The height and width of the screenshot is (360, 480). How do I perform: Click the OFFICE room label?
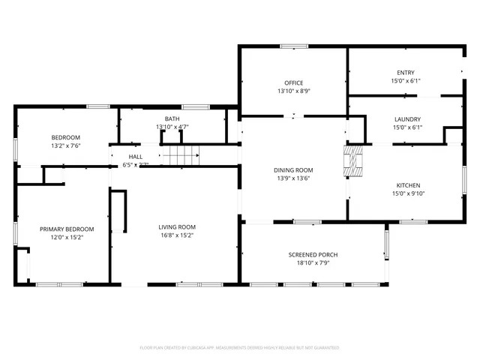point(292,82)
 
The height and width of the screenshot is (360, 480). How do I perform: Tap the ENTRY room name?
point(405,73)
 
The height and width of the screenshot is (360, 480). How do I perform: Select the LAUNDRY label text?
point(407,119)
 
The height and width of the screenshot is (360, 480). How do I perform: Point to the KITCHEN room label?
point(408,185)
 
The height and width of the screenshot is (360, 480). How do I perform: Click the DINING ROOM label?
point(292,170)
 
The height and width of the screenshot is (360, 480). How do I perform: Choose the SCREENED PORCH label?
point(313,255)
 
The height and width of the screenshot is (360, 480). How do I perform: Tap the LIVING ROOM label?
point(176,227)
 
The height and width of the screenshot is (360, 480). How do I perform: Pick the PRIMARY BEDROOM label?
point(67,229)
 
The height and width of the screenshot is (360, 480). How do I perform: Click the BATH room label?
point(172,119)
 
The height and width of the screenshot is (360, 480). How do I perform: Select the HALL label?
point(135,157)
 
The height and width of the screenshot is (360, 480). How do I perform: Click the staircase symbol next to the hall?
point(184,156)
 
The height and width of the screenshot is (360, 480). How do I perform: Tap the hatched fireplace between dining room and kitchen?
point(352,160)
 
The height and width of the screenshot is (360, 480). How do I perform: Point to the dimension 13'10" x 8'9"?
point(292,91)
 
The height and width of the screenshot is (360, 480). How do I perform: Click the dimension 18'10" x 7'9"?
point(313,263)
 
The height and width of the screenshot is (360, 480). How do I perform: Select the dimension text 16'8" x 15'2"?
point(176,235)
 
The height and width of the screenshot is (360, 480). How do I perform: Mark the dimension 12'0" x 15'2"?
point(67,237)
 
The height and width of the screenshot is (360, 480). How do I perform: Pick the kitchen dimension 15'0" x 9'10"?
point(408,193)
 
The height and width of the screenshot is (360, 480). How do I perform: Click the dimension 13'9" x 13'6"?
point(292,178)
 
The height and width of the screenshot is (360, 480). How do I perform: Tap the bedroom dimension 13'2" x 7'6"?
point(66,146)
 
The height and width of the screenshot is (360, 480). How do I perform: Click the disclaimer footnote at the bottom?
point(240,348)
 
